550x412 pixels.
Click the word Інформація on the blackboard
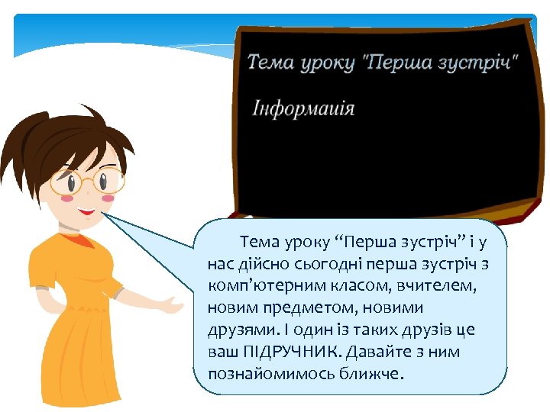(x=304, y=107)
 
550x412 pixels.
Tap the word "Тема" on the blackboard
(x=271, y=62)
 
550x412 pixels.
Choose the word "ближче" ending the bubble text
(x=374, y=375)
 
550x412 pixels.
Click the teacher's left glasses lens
(x=67, y=182)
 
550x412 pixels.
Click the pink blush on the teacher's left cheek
(x=66, y=199)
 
